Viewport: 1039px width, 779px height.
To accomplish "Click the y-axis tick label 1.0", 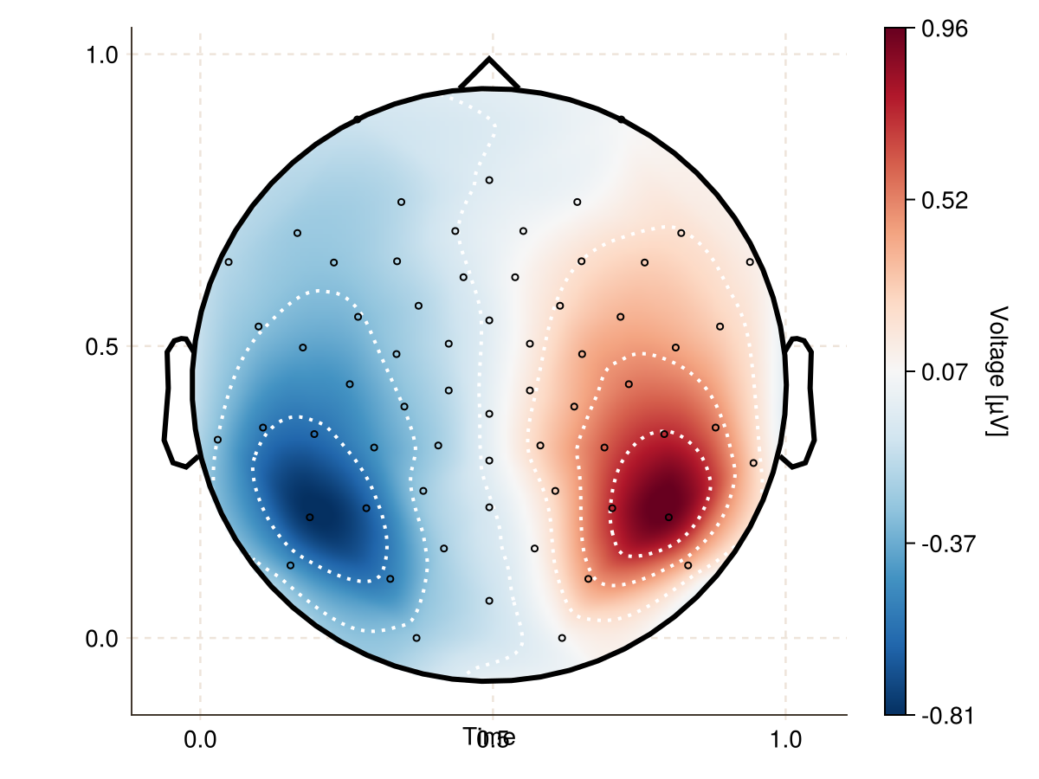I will pos(101,55).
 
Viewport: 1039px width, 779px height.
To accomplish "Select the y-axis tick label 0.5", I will pos(101,346).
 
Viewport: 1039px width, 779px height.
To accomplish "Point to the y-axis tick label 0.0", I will pos(101,639).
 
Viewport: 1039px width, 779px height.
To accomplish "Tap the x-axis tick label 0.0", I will pos(200,741).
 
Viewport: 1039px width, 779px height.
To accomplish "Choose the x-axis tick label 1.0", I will pos(785,741).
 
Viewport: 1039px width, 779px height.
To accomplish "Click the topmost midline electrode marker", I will pos(489,180).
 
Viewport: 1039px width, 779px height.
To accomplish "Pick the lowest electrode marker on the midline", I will pos(489,601).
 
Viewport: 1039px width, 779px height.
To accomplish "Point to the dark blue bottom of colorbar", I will pos(895,706).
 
